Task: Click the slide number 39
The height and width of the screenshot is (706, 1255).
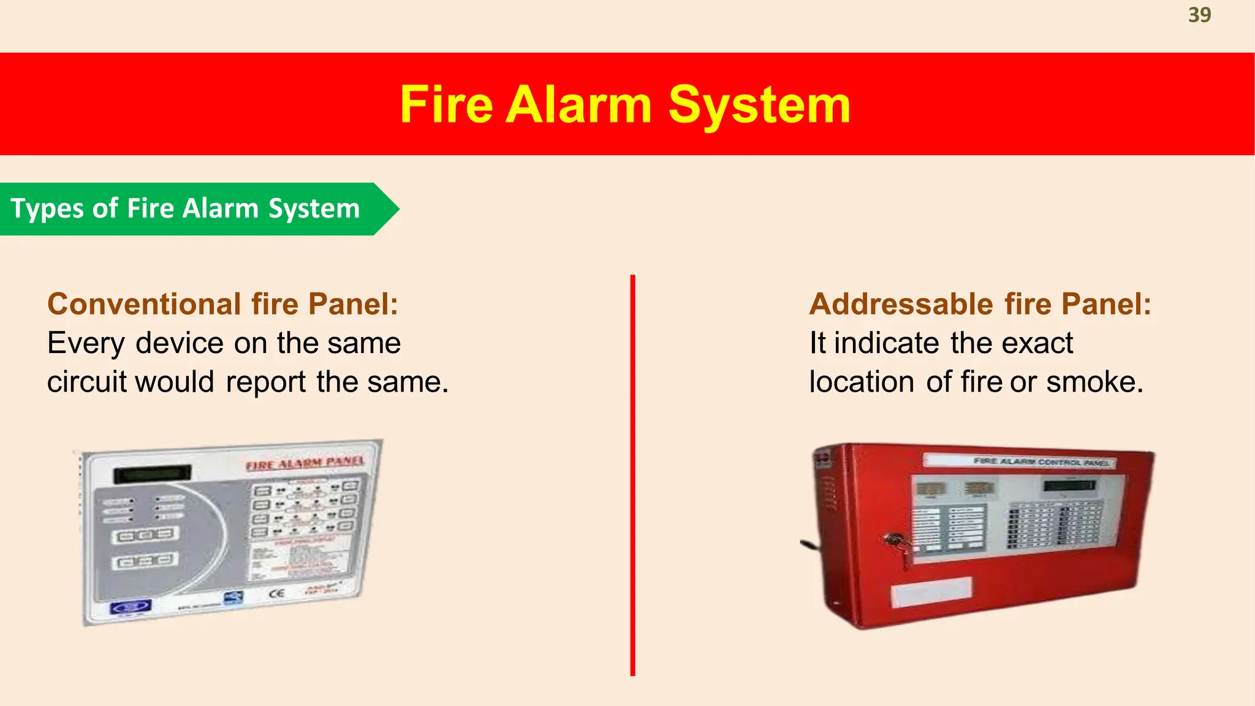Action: [x=1199, y=15]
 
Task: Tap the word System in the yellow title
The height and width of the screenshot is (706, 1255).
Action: [x=759, y=105]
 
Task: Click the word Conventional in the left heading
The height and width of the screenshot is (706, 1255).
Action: [x=144, y=304]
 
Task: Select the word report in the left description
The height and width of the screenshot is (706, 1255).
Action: [x=265, y=382]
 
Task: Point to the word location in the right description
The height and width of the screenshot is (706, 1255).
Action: [x=862, y=382]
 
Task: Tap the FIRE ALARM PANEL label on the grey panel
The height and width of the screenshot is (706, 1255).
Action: [x=305, y=463]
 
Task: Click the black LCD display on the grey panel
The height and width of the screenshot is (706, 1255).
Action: [x=153, y=474]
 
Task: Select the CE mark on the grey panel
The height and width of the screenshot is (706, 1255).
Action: [x=276, y=593]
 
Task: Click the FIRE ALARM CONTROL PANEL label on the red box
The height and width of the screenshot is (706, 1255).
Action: [x=1041, y=461]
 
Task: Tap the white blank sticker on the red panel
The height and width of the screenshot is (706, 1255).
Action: [x=930, y=592]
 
